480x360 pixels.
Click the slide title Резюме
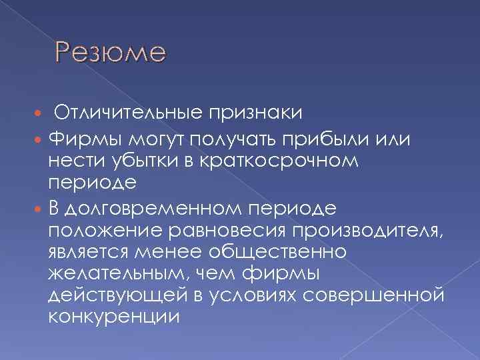(x=110, y=52)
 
